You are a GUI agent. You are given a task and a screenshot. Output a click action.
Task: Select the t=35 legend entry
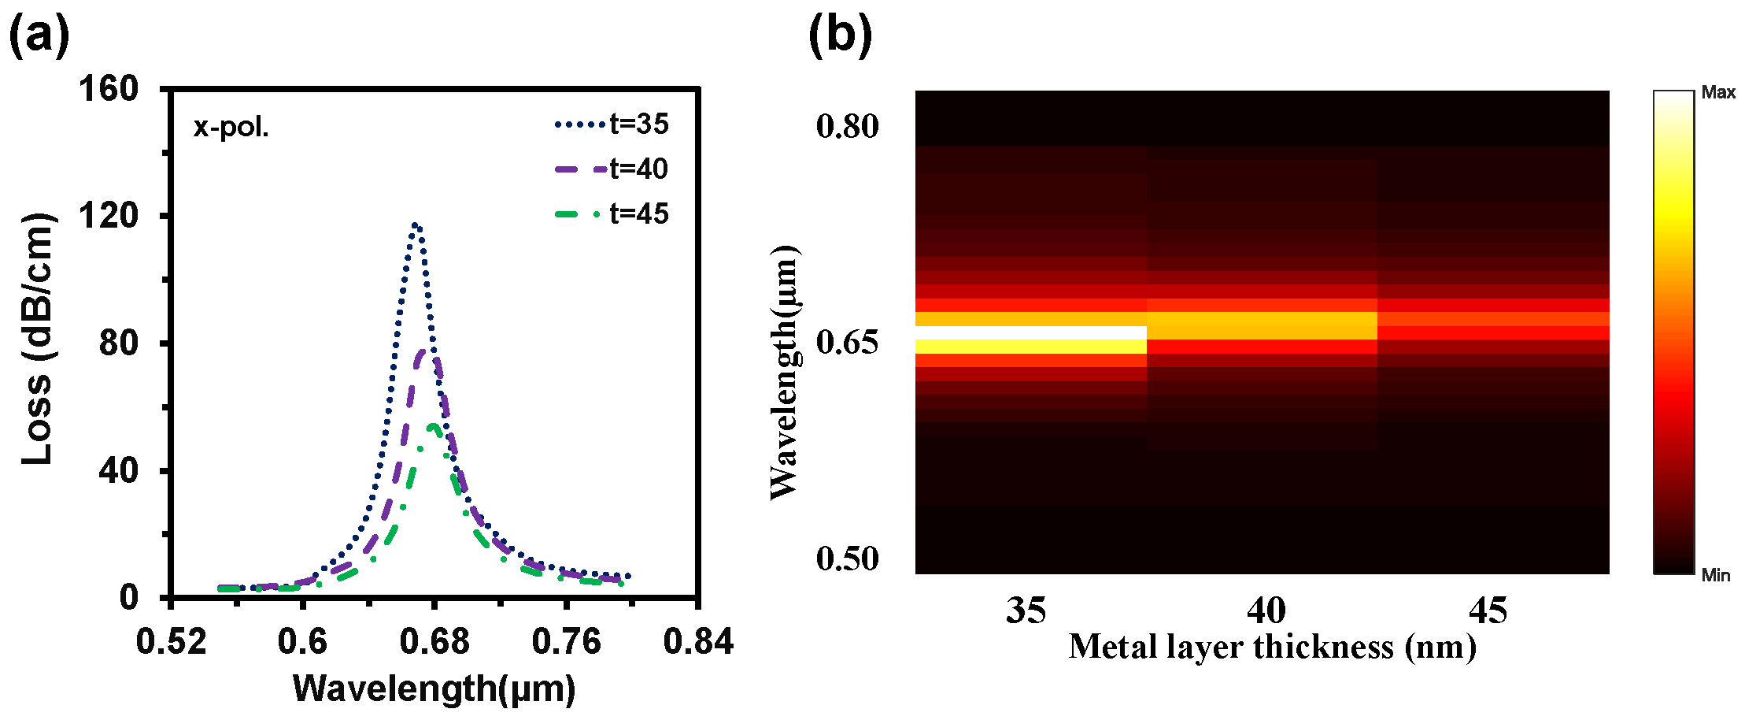click(611, 124)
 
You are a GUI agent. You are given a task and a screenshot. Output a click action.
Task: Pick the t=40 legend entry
click(611, 169)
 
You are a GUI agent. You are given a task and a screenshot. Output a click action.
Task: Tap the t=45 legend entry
click(611, 213)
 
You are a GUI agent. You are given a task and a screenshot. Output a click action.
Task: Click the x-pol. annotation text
click(231, 127)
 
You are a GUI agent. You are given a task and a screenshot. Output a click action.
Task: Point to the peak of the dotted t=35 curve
click(415, 225)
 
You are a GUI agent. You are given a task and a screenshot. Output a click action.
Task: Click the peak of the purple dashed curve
click(426, 351)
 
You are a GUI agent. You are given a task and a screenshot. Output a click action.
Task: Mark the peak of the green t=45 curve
click(432, 426)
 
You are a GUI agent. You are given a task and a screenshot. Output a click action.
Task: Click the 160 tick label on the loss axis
click(109, 88)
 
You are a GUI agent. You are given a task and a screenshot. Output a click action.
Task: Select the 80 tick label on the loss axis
click(118, 343)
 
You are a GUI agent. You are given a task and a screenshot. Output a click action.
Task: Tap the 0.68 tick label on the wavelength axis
click(434, 641)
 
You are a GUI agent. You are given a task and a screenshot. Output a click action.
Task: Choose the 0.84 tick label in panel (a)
click(698, 641)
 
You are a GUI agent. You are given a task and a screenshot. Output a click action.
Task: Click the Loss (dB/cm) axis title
click(37, 339)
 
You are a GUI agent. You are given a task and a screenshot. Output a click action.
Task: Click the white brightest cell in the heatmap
click(1030, 332)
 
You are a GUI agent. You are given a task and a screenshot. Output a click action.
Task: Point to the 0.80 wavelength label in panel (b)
click(847, 126)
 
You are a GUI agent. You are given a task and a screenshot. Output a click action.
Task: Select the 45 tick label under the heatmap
click(1488, 611)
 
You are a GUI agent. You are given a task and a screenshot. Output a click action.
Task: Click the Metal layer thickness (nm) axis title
click(1272, 648)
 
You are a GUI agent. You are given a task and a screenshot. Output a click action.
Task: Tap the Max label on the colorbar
click(1718, 93)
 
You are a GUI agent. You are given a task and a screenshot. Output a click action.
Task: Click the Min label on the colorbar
click(1716, 576)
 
